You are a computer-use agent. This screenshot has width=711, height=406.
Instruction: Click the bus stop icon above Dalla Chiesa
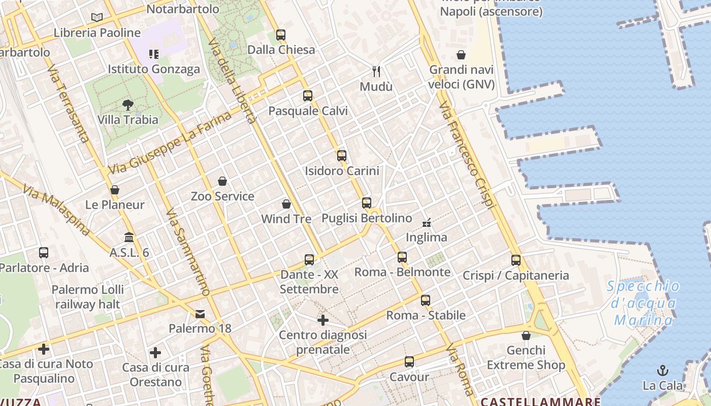coord(281,35)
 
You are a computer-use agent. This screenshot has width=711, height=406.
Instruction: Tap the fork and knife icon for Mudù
coord(376,71)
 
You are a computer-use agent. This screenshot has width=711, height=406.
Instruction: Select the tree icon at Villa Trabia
coord(128,105)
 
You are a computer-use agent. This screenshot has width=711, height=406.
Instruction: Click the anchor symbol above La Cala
coord(662,370)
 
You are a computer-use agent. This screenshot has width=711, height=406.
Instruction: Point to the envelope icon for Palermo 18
coord(200,314)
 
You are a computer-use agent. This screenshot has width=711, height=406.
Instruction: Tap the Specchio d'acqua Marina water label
coord(643,303)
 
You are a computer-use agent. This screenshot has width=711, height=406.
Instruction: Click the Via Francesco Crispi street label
coord(466,155)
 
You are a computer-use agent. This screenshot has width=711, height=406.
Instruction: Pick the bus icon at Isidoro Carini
coord(342,156)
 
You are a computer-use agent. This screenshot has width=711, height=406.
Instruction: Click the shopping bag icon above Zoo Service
coord(222,181)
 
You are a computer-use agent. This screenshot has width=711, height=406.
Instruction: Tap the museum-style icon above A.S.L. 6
coord(129,238)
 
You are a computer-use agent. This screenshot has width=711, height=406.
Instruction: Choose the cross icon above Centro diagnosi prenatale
coord(323,320)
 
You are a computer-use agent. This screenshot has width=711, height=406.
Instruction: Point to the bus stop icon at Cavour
coord(409,362)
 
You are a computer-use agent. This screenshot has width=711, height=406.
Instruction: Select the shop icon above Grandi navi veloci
coord(461,55)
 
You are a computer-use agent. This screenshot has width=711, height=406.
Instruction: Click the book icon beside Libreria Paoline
coord(97,18)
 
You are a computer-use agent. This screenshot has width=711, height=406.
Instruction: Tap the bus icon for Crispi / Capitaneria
coord(516,260)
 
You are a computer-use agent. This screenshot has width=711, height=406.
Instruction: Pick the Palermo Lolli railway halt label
coord(88,297)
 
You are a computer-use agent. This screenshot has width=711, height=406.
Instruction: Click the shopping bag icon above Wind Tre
coord(286,204)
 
